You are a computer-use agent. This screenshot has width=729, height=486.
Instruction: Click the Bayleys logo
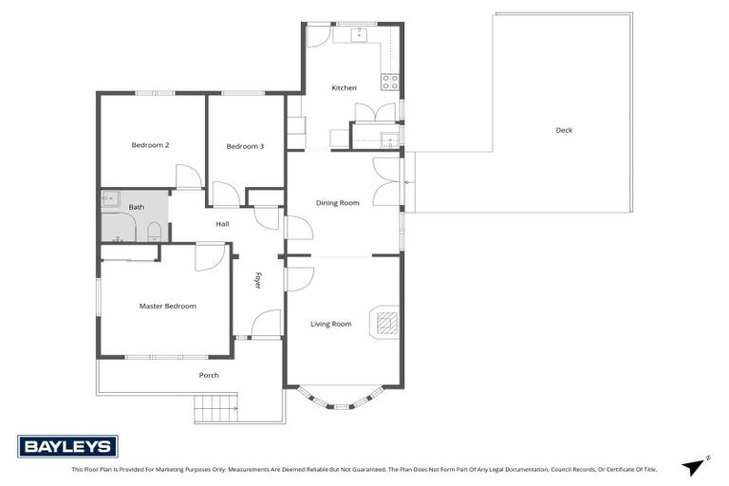[67, 446]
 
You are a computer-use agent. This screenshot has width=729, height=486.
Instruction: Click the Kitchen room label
[344, 88]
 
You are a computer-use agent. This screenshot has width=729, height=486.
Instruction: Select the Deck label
[564, 130]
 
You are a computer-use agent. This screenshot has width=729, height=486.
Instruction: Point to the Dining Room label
[337, 202]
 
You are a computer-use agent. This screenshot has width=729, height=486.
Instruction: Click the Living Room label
[330, 324]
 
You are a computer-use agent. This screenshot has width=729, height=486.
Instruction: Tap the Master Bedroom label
[167, 306]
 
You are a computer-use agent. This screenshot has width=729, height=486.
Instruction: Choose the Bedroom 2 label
[150, 145]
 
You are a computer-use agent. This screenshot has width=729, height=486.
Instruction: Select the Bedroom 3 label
[245, 146]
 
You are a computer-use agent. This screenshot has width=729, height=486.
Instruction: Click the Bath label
[137, 207]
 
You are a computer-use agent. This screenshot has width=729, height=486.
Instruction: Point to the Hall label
[222, 224]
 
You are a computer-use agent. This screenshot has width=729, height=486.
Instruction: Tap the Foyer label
[257, 281]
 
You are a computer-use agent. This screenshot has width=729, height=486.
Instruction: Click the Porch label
[209, 375]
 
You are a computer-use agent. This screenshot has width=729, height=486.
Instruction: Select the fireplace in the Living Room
[385, 324]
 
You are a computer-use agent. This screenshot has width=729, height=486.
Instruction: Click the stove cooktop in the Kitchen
[390, 82]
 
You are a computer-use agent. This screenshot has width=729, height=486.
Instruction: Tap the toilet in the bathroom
[154, 231]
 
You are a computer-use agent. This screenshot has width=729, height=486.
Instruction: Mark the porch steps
[215, 410]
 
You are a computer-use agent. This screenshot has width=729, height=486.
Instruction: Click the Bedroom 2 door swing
[187, 178]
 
